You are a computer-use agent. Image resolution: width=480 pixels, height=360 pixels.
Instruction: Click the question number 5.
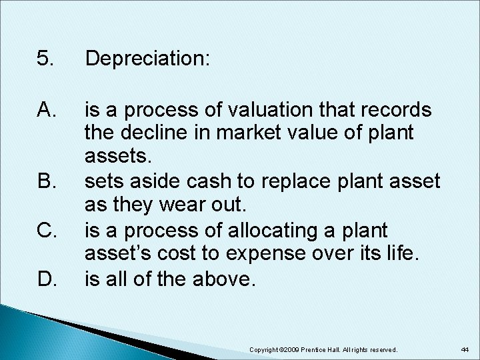coord(45,59)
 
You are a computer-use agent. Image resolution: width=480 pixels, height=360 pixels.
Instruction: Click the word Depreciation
coord(147,60)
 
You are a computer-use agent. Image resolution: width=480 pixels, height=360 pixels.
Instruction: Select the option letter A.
coord(46,109)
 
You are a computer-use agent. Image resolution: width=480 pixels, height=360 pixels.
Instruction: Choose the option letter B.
coord(46,180)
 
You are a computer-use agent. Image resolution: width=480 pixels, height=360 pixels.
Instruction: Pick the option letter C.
coord(46,231)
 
